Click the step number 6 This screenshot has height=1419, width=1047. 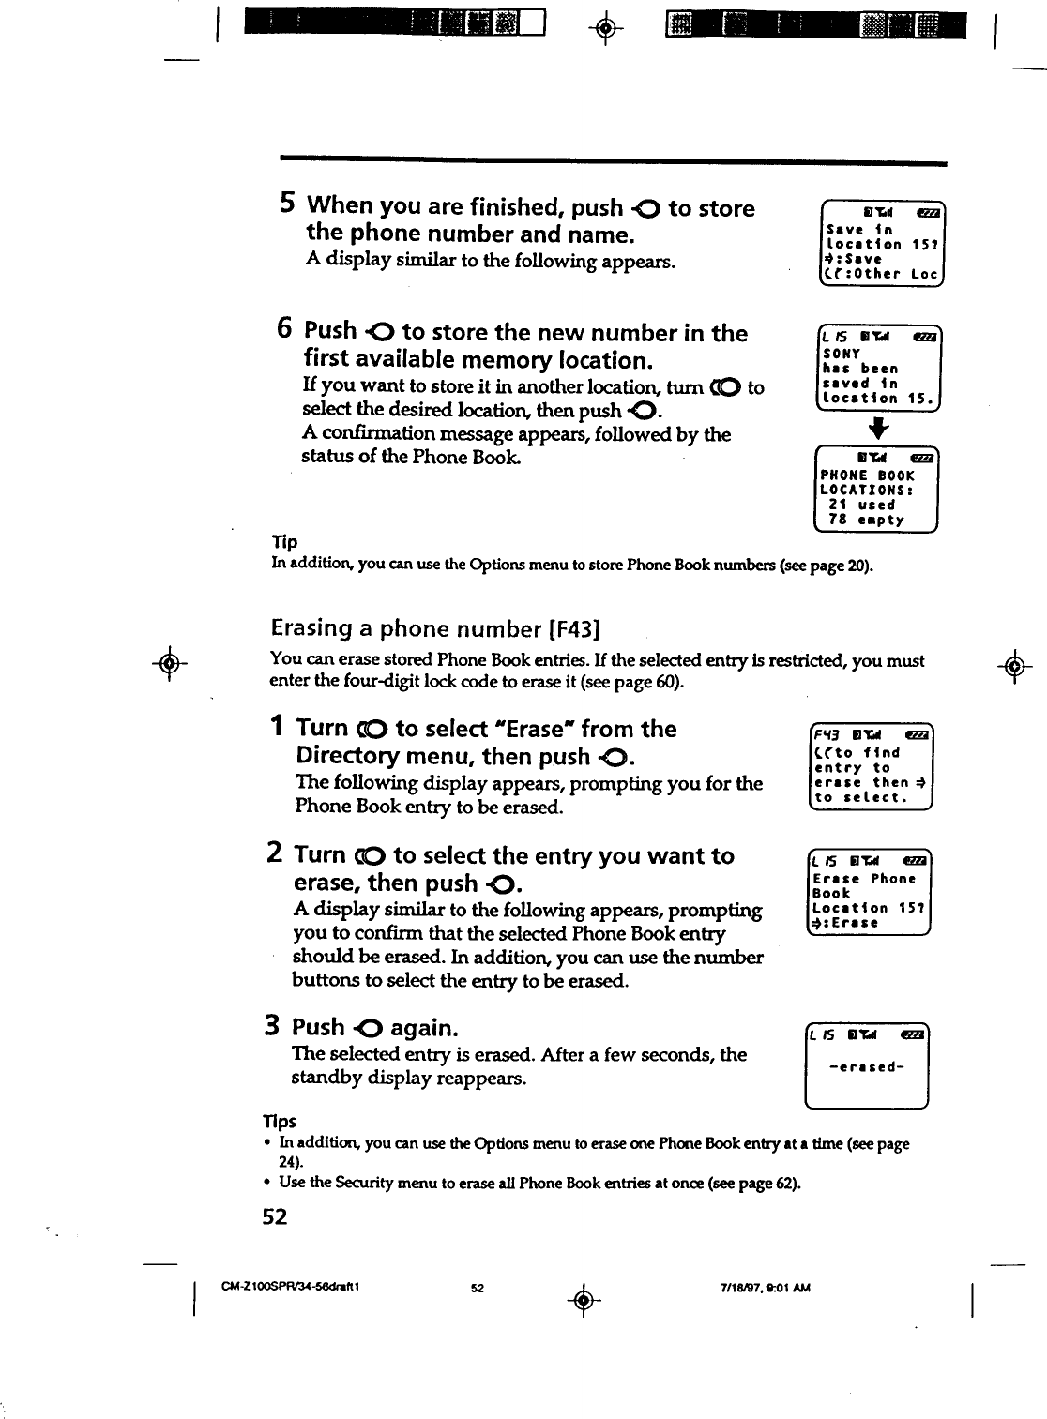(285, 328)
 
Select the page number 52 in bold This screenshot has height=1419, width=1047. (275, 1216)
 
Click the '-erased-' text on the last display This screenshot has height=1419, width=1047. (866, 1067)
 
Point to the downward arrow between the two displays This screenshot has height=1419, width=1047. (877, 429)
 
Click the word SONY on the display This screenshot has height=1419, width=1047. (842, 354)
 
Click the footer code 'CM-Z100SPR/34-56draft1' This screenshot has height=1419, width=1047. (291, 1287)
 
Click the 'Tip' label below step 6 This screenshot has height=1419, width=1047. (283, 542)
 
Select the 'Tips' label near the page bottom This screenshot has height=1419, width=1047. (279, 1122)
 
